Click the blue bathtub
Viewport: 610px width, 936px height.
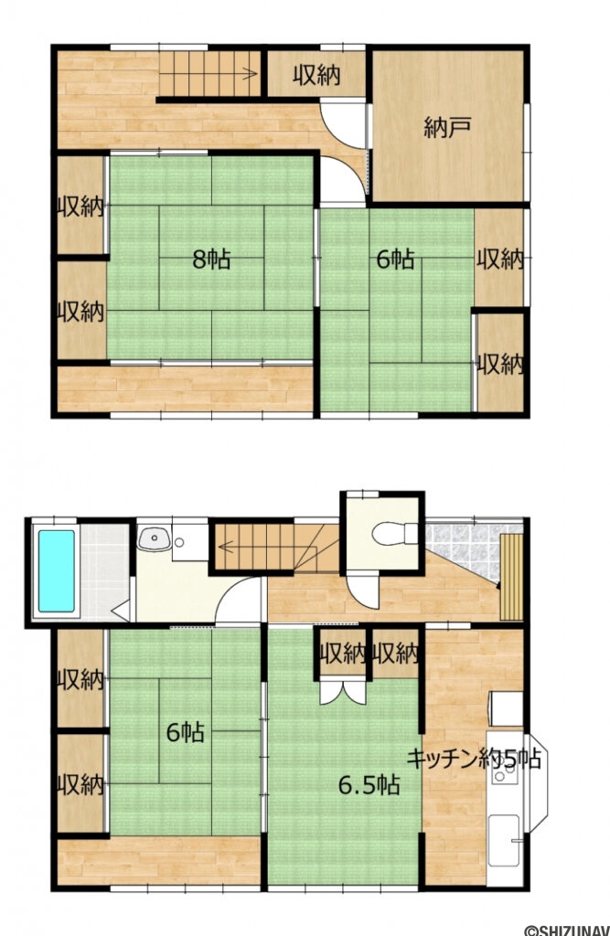point(57,571)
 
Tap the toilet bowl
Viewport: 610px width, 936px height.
point(395,533)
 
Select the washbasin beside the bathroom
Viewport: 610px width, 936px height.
point(155,539)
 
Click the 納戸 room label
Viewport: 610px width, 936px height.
point(448,128)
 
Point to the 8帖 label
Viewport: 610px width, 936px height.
point(211,260)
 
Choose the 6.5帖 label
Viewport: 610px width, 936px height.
point(369,785)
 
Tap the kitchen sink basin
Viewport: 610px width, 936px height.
point(504,840)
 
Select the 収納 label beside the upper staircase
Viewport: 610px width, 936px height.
point(316,75)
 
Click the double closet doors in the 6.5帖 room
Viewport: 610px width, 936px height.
point(343,691)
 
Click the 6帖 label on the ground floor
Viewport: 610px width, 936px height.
point(186,732)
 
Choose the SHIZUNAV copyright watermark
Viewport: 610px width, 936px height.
point(566,930)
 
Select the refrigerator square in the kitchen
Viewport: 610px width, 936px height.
point(506,708)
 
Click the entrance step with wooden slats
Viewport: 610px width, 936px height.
point(511,578)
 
